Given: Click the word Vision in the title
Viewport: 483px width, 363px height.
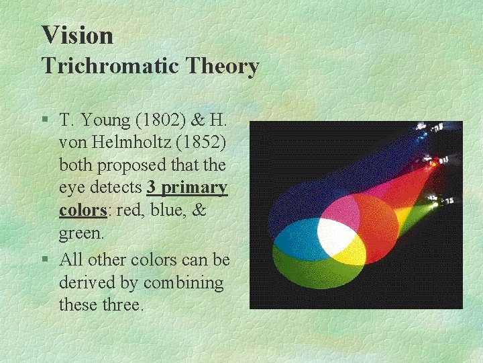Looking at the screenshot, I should point(77,35).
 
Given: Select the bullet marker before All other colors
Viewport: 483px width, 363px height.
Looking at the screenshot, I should point(44,259).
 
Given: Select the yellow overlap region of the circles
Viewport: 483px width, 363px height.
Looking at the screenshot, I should point(349,253).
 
